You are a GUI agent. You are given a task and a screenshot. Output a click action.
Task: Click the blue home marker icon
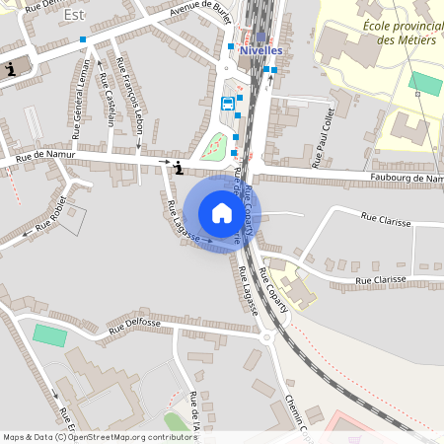[221, 213]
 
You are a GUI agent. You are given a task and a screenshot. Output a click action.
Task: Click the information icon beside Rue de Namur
[178, 169]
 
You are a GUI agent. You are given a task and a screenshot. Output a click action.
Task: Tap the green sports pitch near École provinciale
[426, 83]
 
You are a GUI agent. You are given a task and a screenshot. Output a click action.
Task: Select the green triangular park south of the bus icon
[215, 147]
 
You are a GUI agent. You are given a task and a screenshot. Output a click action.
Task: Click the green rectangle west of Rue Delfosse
[48, 334]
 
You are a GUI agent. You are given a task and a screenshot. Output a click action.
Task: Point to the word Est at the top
[73, 16]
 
